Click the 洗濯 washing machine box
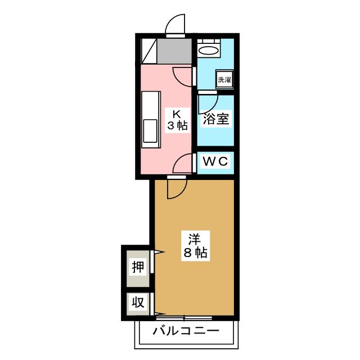coord(224,79)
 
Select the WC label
coord(215,161)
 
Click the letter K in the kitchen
coord(177,112)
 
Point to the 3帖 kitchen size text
coord(177,125)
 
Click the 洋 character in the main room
coord(195,238)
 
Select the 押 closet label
coord(138,267)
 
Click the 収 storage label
coord(138,303)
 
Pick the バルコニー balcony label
coord(186,331)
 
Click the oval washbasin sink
coord(209,50)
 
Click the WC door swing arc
coord(182,164)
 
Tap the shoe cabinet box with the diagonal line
coord(149,52)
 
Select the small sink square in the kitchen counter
coord(151,130)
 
